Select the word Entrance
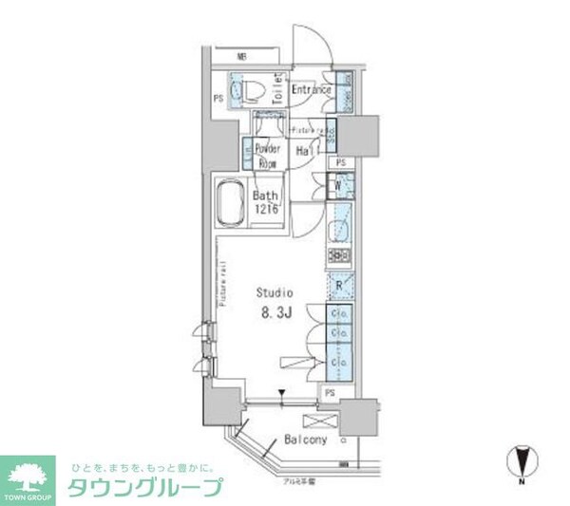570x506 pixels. click(311, 90)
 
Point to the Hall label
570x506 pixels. click(306, 151)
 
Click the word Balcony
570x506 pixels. click(306, 440)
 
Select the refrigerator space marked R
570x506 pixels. click(339, 284)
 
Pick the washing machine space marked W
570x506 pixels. click(337, 186)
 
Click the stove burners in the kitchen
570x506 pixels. click(340, 255)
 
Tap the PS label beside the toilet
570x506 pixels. click(218, 97)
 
